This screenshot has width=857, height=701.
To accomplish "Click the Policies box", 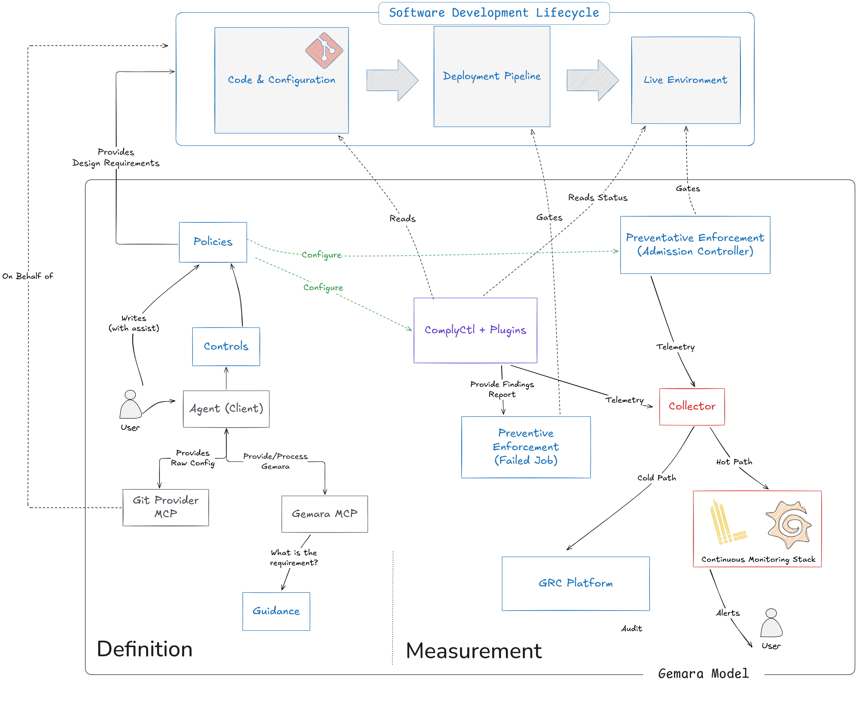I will click(x=213, y=242).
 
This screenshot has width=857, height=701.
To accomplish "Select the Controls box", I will click(x=226, y=346).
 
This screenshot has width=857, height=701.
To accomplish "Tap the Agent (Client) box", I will click(x=226, y=409).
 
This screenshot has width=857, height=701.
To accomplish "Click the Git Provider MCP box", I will click(x=166, y=507).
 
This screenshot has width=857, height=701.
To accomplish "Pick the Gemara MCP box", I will click(x=325, y=514).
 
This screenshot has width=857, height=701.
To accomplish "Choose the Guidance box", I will click(x=276, y=611).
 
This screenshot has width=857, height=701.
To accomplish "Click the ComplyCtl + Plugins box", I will click(x=475, y=330).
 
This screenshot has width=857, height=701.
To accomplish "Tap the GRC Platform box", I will click(x=576, y=583).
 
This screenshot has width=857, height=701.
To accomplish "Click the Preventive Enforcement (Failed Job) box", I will click(x=526, y=447).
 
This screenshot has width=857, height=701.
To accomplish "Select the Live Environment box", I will click(x=686, y=80).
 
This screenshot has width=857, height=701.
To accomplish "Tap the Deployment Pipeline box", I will click(x=492, y=76).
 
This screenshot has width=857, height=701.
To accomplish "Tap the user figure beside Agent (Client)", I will click(x=130, y=405).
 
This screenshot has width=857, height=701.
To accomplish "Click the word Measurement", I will click(x=473, y=651).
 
